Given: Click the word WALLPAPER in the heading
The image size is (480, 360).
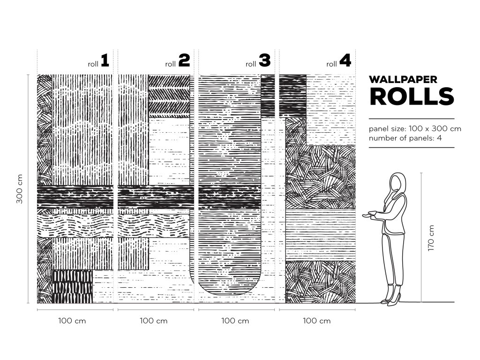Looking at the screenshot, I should (x=403, y=79).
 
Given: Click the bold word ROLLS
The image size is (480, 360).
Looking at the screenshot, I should (x=412, y=97).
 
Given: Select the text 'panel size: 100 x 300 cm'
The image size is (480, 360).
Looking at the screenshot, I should (x=415, y=128).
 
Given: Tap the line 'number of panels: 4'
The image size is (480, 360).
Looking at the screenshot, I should (x=405, y=138).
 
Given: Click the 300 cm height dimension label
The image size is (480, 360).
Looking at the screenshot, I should (x=20, y=189).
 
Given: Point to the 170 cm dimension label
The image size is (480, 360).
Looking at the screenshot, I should (x=431, y=238).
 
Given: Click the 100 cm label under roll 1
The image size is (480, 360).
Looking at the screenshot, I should (x=72, y=321).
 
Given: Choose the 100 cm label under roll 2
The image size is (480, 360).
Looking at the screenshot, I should (x=154, y=321).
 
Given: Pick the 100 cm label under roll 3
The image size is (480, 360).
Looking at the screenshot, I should (x=235, y=321).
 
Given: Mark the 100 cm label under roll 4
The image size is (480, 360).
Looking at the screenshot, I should (x=316, y=321).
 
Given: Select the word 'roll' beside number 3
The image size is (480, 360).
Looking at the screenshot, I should (x=251, y=64).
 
